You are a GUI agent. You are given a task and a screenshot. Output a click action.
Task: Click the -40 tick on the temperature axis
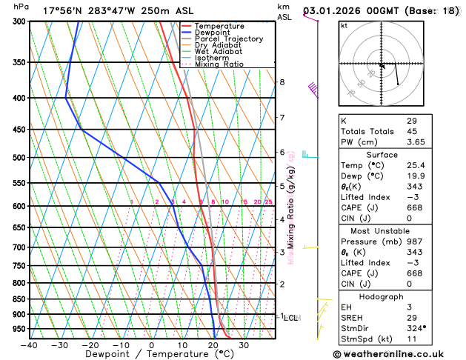tap(29, 344)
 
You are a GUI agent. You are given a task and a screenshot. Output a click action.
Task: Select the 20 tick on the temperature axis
tap(213, 344)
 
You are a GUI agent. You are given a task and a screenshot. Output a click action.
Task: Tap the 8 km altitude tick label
tap(282, 82)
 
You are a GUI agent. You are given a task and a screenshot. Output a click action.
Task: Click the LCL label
tap(290, 318)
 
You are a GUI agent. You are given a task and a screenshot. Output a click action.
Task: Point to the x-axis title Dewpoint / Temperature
tap(151, 354)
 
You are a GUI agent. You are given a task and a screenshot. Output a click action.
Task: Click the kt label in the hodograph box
tap(344, 25)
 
